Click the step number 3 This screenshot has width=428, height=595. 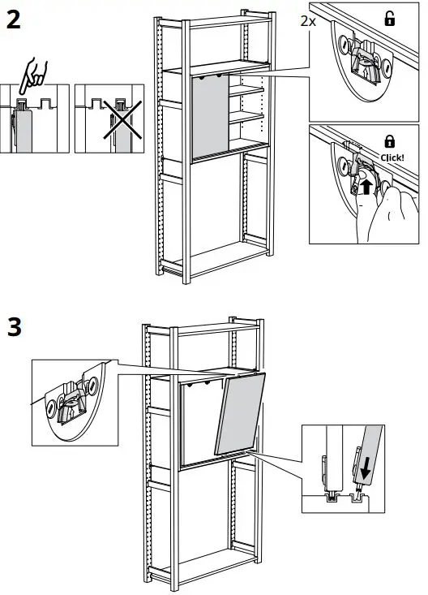pos(14,329)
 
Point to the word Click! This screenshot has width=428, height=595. pos(392,157)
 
